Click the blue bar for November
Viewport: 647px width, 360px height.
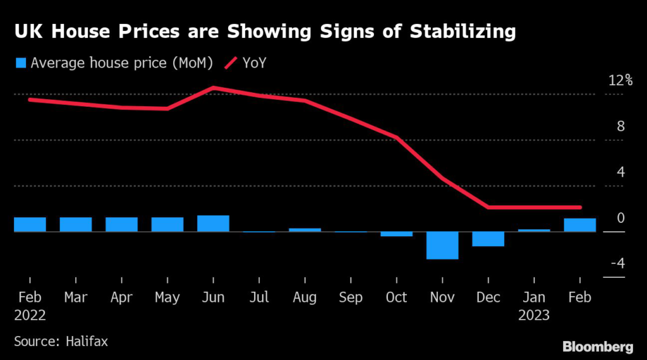point(442,245)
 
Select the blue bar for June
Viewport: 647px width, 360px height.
point(213,224)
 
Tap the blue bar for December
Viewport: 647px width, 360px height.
point(488,239)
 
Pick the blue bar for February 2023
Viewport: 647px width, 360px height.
point(580,225)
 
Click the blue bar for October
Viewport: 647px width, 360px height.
point(396,234)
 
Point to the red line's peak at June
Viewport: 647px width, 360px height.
point(214,88)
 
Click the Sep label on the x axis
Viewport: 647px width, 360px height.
point(350,297)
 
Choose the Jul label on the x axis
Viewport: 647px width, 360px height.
point(259,297)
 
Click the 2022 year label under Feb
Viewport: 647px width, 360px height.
point(30,315)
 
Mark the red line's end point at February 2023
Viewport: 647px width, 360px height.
point(579,207)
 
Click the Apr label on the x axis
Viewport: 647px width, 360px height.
point(121,297)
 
